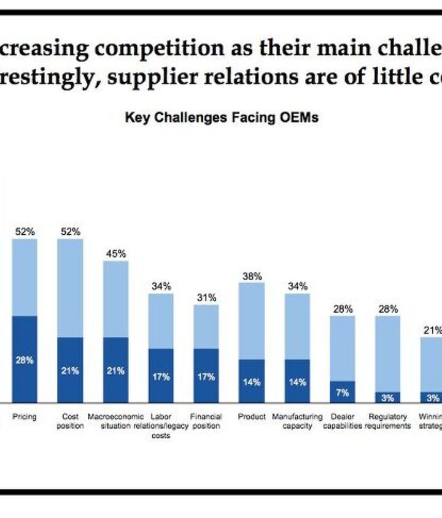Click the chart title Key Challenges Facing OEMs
222,117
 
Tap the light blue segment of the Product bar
252,321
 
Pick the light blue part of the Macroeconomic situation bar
115,299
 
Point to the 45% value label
115,254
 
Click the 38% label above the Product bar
252,276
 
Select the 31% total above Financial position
206,298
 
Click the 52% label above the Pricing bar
25,232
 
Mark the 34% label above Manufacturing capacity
297,286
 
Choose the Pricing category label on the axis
25,417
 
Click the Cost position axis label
70,421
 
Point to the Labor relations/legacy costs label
161,426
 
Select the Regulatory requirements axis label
388,421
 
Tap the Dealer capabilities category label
343,421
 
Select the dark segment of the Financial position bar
206,375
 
